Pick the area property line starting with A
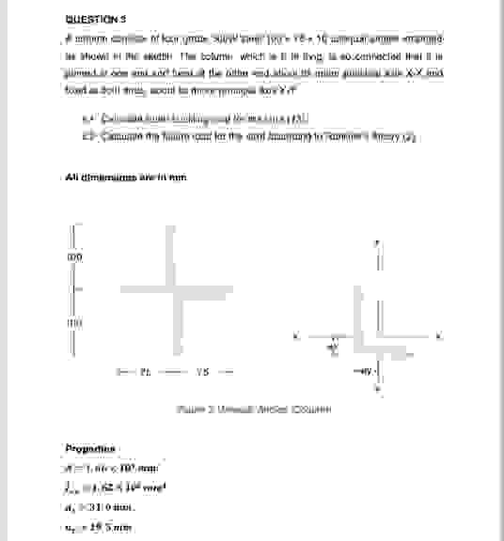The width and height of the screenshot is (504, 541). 106,466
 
